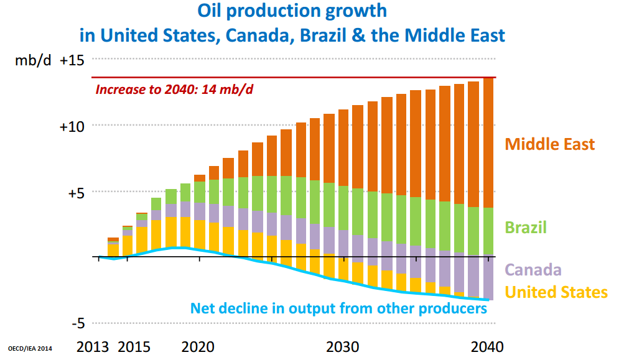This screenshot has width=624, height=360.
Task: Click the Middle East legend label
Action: tap(549, 144)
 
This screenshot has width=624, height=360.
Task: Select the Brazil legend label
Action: tap(526, 227)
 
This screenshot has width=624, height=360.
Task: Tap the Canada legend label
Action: tap(533, 270)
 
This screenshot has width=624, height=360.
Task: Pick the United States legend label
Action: tap(556, 292)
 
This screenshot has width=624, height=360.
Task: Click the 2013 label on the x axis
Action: tap(94, 346)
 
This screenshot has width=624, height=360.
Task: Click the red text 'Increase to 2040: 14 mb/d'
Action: tap(174, 89)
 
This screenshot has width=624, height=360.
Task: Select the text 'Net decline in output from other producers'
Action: tap(338, 308)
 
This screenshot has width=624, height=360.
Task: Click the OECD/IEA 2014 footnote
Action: tap(30, 349)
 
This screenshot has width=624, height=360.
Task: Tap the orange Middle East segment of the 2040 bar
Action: tap(488, 143)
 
